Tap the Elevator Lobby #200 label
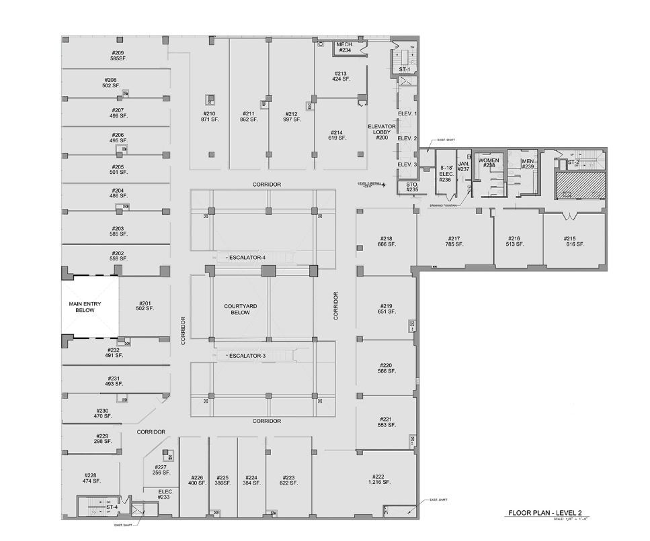coord(382,132)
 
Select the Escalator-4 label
coord(248,258)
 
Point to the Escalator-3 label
coord(248,355)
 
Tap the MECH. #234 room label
coord(345,47)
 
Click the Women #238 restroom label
coord(489,163)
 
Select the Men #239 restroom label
coord(528,163)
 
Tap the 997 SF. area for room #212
coord(290,119)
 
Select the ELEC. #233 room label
coord(166,495)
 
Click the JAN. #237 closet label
coord(464,166)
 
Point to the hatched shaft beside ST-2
coord(580,185)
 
